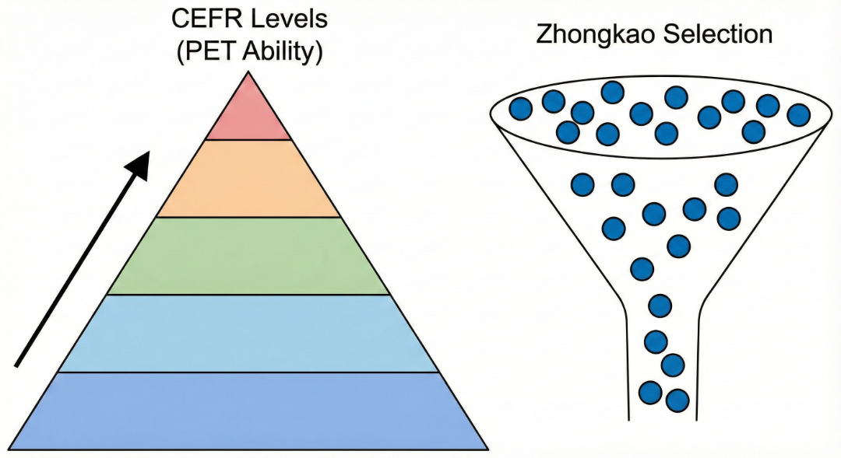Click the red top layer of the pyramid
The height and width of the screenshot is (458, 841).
248,113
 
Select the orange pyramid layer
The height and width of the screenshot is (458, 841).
248,179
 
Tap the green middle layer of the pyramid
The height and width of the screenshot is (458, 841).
248,256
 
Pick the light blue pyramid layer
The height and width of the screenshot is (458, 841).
248,334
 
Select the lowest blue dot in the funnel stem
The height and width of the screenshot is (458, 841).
677,400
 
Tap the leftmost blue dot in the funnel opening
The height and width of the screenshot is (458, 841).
520,108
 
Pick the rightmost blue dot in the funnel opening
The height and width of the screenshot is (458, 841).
798,114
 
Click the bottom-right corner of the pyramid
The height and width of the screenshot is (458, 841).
488,449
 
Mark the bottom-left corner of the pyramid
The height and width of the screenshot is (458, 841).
9,449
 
